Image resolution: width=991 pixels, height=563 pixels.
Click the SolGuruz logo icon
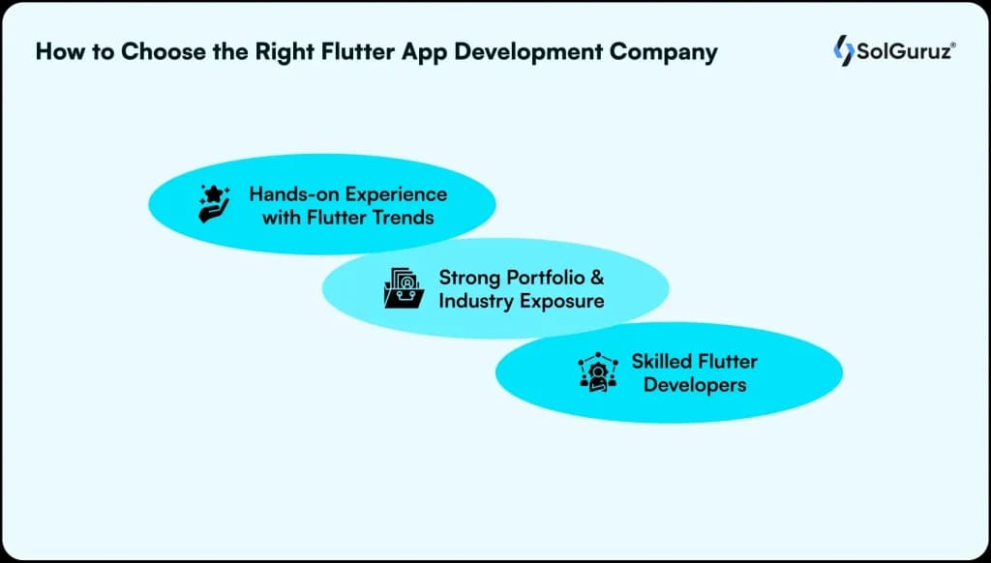click(843, 50)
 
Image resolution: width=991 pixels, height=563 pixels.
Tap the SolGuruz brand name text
click(904, 51)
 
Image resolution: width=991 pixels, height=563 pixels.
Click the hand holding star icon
click(214, 204)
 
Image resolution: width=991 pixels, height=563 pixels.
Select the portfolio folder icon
click(404, 288)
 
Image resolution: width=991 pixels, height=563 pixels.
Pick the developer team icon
click(597, 372)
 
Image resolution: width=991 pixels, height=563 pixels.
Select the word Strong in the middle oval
click(472, 278)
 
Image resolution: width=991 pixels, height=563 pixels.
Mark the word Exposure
click(562, 301)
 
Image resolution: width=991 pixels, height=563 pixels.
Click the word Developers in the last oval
click(695, 385)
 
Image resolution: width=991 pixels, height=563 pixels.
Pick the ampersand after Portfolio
click(597, 278)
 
